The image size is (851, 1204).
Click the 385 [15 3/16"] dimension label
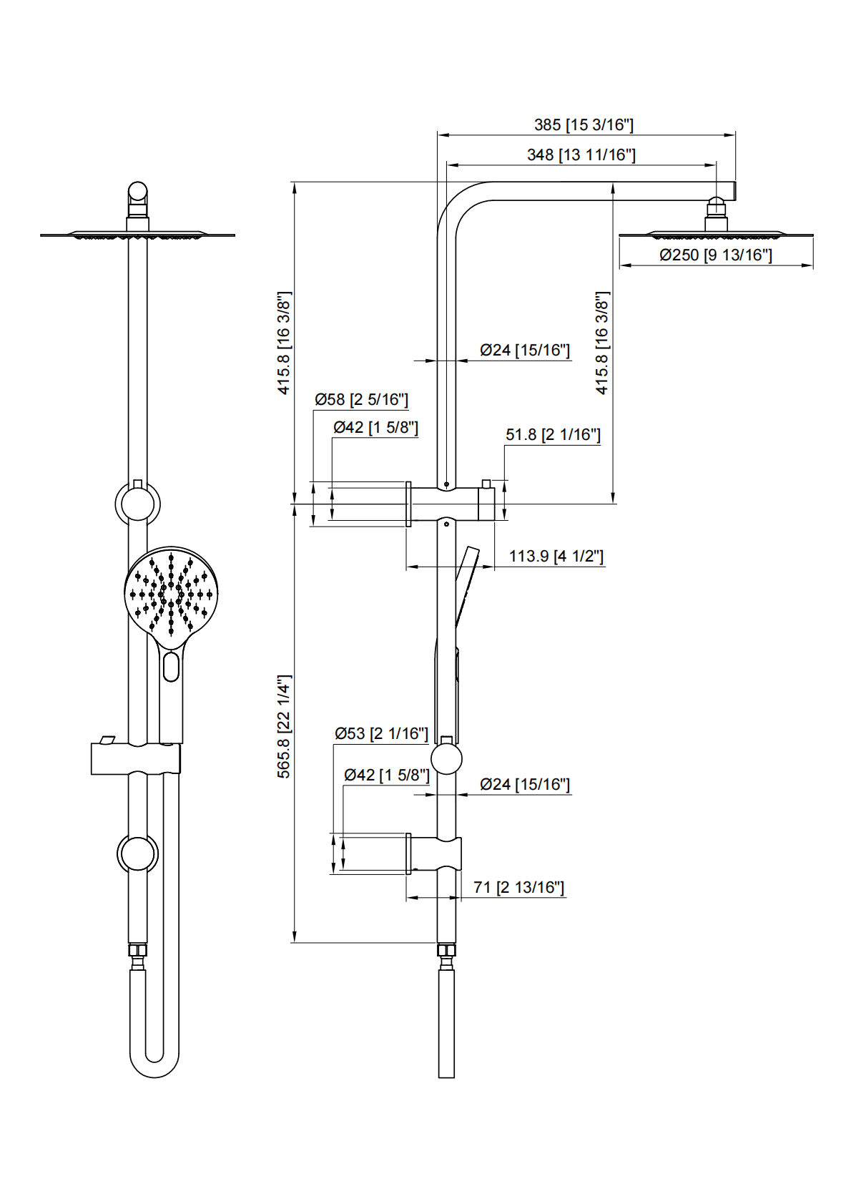pyautogui.click(x=584, y=125)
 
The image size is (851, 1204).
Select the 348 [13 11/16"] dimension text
pyautogui.click(x=581, y=155)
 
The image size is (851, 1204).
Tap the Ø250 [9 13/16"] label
pyautogui.click(x=715, y=255)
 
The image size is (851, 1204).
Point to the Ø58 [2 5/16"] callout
pyautogui.click(x=361, y=399)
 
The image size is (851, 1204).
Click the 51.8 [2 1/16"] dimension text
pyautogui.click(x=553, y=434)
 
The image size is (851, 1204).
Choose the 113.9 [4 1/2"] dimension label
pyautogui.click(x=556, y=556)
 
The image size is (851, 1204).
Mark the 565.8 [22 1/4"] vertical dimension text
pyautogui.click(x=284, y=726)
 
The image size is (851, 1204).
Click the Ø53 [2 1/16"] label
pyautogui.click(x=381, y=733)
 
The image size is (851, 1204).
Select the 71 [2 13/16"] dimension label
pyautogui.click(x=518, y=887)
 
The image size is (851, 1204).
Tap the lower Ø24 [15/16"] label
pyautogui.click(x=525, y=784)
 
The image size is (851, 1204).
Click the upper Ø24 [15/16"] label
pyautogui.click(x=525, y=350)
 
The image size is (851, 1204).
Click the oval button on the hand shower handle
pyautogui.click(x=171, y=667)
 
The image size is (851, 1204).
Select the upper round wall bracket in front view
pyautogui.click(x=137, y=504)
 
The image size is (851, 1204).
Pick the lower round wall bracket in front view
pyautogui.click(x=137, y=853)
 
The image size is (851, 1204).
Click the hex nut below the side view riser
pyautogui.click(x=446, y=950)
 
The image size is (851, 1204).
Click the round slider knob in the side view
pyautogui.click(x=446, y=758)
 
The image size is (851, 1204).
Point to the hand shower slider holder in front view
pyautogui.click(x=135, y=758)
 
